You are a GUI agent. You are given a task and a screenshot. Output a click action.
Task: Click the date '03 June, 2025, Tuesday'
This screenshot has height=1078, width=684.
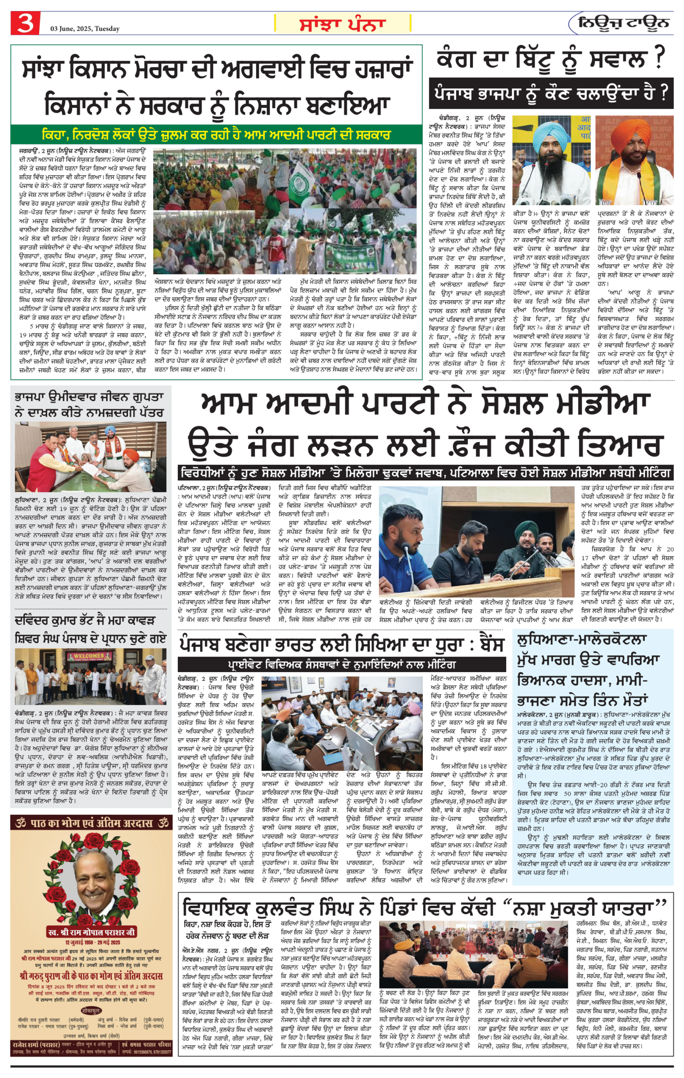pos(85,29)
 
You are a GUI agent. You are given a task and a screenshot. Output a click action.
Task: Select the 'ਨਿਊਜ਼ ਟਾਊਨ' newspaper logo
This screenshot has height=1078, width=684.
pos(623,23)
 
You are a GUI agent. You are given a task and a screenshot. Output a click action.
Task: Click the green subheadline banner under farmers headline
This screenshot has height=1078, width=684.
pos(216,134)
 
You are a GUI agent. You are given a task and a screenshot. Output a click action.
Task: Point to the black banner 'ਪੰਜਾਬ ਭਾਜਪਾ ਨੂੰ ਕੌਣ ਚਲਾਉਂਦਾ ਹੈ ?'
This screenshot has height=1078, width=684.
pos(550,93)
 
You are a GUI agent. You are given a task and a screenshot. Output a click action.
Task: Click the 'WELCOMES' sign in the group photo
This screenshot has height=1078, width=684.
pos(89,655)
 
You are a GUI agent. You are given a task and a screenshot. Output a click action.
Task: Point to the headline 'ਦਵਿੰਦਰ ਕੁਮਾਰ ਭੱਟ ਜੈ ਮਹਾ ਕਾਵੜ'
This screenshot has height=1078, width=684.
pos(85,620)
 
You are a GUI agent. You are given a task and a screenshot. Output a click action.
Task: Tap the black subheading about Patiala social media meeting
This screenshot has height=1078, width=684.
pos(425,473)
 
